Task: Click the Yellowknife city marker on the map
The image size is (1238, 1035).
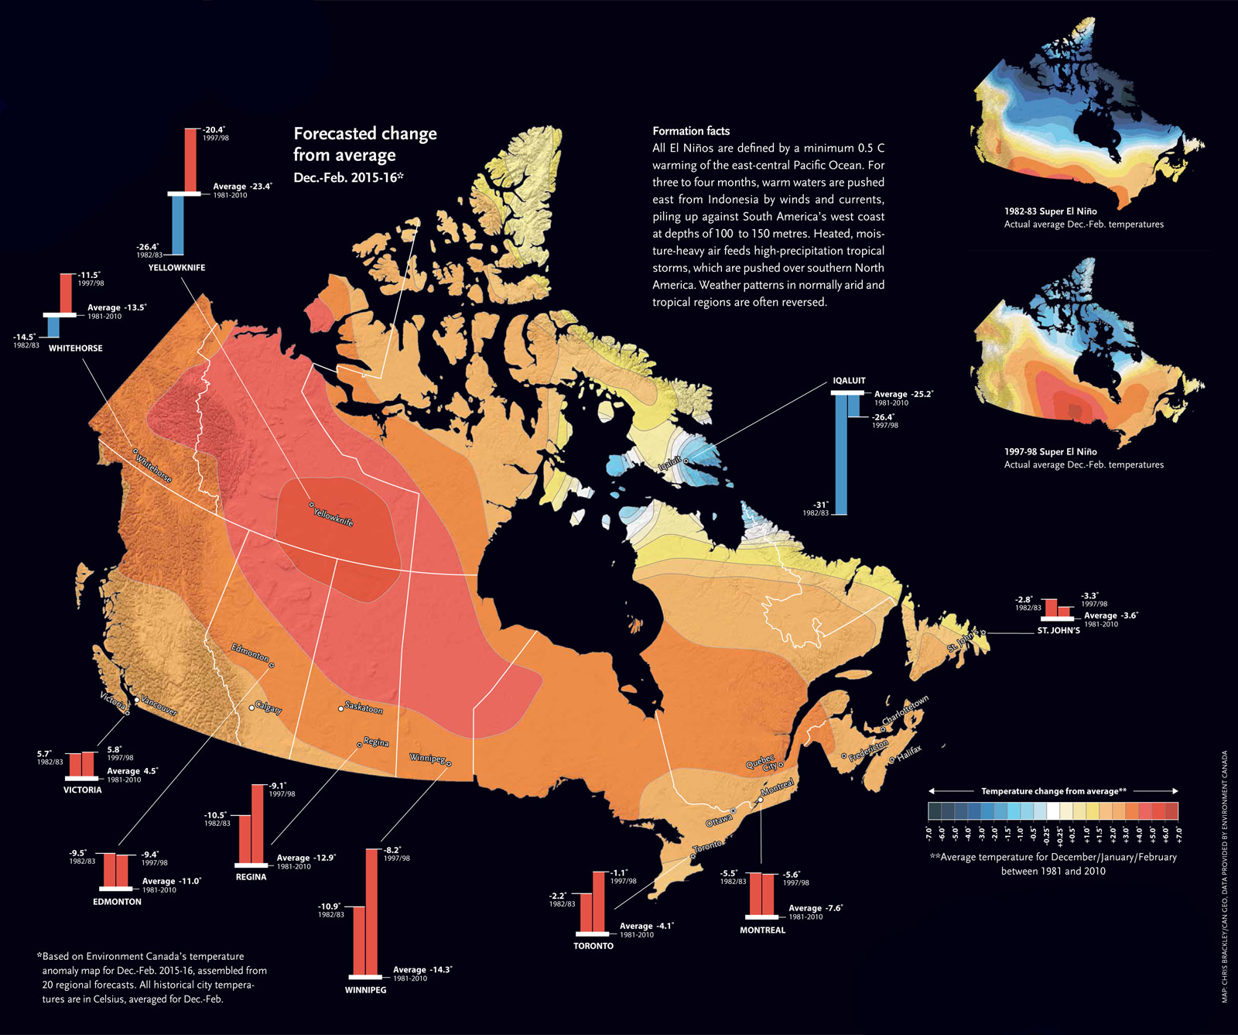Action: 312,505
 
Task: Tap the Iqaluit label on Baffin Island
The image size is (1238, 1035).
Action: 669,464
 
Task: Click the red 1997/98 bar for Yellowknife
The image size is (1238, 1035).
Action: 190,159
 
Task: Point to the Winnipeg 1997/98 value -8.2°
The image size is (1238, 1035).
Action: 392,849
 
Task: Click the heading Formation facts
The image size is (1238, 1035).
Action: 691,131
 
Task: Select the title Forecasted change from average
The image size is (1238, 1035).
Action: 364,144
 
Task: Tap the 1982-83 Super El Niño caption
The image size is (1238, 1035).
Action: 1050,211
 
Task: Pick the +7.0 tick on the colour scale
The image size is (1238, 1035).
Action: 1178,834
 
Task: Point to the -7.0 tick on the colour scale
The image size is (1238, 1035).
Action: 929,834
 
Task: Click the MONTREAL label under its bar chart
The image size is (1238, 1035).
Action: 762,930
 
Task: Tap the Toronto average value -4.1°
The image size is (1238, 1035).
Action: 647,926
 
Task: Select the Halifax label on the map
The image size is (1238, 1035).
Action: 909,752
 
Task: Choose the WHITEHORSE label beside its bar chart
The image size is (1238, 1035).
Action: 75,348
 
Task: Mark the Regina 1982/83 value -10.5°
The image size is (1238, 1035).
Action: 215,815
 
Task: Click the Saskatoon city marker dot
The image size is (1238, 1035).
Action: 340,708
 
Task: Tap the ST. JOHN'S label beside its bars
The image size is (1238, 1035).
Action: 1058,630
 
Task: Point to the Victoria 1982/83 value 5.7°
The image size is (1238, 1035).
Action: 44,753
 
